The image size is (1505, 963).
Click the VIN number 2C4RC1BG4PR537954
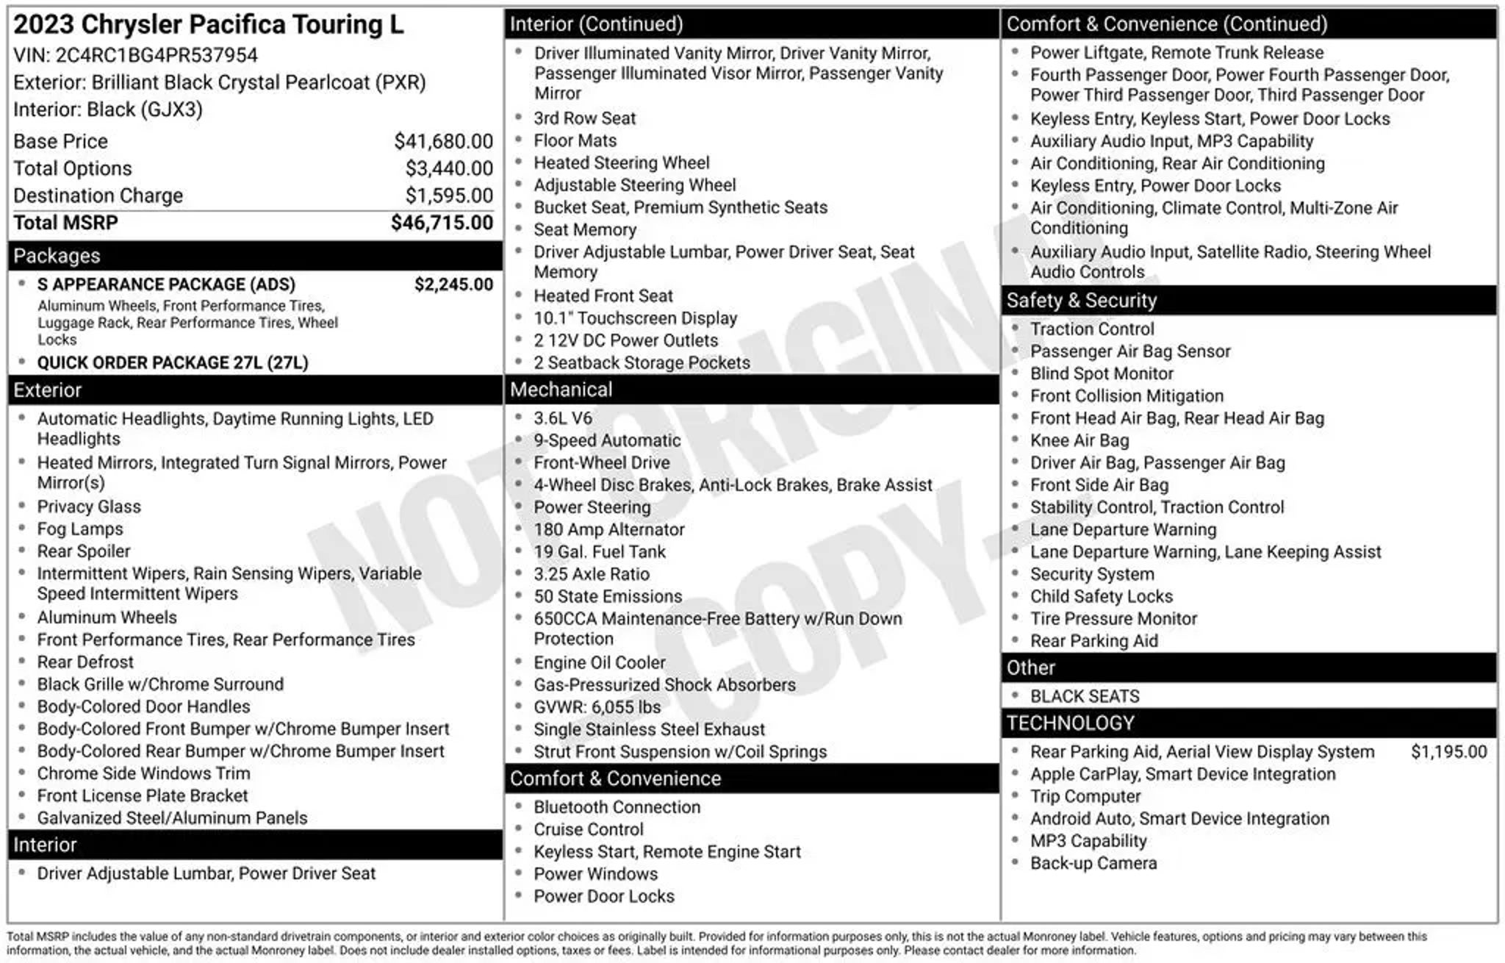click(x=157, y=55)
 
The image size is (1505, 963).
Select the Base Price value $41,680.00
click(x=443, y=141)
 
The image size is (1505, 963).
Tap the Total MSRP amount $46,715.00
click(x=442, y=223)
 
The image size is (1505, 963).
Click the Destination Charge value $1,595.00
click(x=449, y=196)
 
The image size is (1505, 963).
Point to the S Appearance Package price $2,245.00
click(x=453, y=284)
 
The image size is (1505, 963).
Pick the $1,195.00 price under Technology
click(x=1448, y=751)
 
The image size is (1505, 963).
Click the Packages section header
click(x=57, y=256)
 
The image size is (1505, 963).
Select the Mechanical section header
click(x=561, y=390)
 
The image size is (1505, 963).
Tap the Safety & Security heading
click(x=1081, y=300)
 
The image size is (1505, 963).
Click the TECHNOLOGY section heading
click(x=1070, y=723)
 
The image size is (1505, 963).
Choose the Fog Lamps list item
click(x=80, y=529)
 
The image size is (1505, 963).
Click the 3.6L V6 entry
click(x=562, y=418)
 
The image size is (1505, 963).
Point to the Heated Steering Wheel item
click(x=621, y=162)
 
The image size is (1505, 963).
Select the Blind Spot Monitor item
click(x=1101, y=373)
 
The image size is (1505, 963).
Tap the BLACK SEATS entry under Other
click(x=1084, y=696)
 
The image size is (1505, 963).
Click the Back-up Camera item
click(x=1093, y=863)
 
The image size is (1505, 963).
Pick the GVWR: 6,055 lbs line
click(x=597, y=707)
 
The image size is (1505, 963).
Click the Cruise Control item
click(x=588, y=829)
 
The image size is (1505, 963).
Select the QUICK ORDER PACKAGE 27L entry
click(x=173, y=362)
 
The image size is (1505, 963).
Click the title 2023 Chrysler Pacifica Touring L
click(x=208, y=24)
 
